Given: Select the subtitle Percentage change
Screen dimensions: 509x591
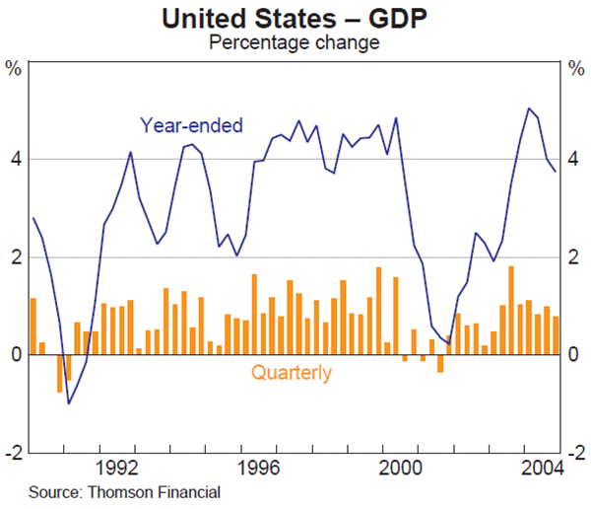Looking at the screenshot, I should pos(295,42).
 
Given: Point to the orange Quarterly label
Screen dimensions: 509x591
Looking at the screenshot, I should pos(292,373).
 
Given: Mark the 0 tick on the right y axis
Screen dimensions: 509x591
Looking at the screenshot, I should pos(576,354).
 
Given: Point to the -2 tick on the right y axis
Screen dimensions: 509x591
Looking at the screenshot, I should pos(574,452).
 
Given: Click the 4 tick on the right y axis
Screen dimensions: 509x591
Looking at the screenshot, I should pos(576,159).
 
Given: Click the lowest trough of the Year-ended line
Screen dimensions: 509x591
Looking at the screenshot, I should pos(68,402).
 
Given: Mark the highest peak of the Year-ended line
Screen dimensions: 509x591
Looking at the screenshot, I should pos(529,109).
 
